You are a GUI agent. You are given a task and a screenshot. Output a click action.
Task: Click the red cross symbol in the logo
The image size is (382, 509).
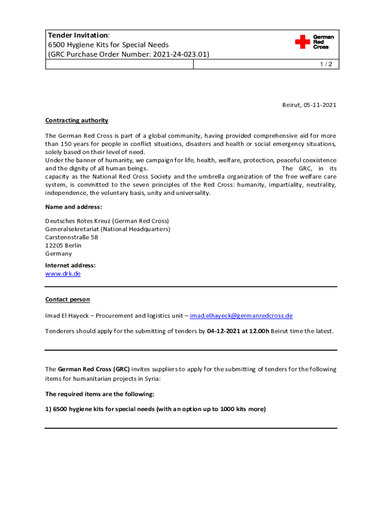(302, 42)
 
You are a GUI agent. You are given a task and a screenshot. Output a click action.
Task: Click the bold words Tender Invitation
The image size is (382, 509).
(77, 35)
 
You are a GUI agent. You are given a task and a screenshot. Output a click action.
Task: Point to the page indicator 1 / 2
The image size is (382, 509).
(328, 65)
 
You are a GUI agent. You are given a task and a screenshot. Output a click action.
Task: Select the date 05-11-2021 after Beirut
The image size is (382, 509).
(319, 105)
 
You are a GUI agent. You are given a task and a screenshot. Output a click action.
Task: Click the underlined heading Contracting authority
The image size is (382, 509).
(76, 120)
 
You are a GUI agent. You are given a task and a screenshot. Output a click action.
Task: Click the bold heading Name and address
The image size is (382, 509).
(73, 207)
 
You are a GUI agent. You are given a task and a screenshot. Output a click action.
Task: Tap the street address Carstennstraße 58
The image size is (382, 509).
(71, 237)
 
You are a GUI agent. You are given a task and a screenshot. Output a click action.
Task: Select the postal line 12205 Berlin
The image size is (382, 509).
(64, 246)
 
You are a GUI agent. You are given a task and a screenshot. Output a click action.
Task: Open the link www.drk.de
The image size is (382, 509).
(63, 273)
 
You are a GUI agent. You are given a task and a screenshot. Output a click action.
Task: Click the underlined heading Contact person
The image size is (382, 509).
(67, 299)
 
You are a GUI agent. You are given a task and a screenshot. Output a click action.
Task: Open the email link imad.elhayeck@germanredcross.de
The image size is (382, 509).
(241, 316)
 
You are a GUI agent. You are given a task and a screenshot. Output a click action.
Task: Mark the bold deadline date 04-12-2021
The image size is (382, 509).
(225, 331)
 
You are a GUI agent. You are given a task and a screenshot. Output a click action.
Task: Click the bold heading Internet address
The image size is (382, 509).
(70, 265)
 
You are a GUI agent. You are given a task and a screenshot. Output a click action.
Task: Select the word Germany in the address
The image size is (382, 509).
(59, 254)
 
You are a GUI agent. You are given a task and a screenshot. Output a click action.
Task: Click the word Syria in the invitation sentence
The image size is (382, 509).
(152, 379)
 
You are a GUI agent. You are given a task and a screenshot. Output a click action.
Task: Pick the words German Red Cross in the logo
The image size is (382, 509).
(323, 42)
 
